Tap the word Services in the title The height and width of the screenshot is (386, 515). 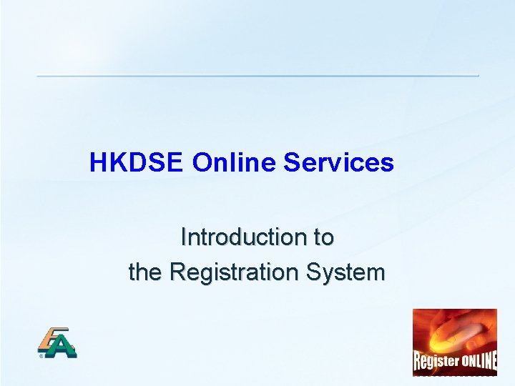(338, 163)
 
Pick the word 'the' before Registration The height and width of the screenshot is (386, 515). (146, 272)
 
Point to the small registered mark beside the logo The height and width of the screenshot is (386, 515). (41, 354)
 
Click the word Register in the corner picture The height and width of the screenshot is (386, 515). (436, 360)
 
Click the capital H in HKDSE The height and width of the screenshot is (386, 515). (98, 163)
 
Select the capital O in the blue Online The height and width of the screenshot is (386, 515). (201, 163)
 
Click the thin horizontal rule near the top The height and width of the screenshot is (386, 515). (257, 76)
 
